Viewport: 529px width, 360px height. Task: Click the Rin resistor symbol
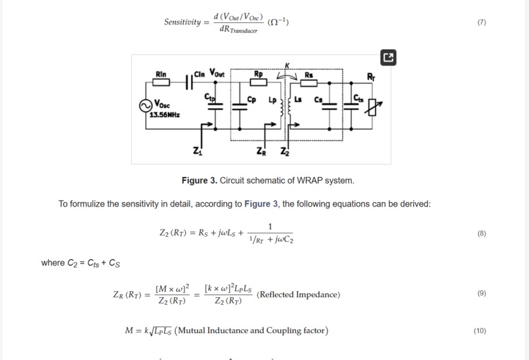coord(161,83)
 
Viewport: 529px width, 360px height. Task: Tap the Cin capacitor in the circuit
coord(190,83)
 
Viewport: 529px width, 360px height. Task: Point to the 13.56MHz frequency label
coord(164,115)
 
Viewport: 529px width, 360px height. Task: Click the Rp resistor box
coord(259,83)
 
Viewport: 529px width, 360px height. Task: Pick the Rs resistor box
coord(309,83)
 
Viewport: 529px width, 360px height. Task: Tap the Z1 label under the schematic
coord(198,151)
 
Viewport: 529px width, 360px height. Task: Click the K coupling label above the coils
coord(287,65)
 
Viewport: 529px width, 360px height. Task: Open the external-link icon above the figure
coord(389,58)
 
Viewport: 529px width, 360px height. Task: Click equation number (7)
coord(482,22)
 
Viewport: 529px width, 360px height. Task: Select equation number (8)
coord(482,233)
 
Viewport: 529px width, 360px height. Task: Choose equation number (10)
coord(480,330)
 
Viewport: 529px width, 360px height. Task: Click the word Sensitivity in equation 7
coord(182,22)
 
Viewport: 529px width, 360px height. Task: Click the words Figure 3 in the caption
coord(199,180)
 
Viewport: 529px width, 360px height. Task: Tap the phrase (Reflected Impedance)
coord(299,294)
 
